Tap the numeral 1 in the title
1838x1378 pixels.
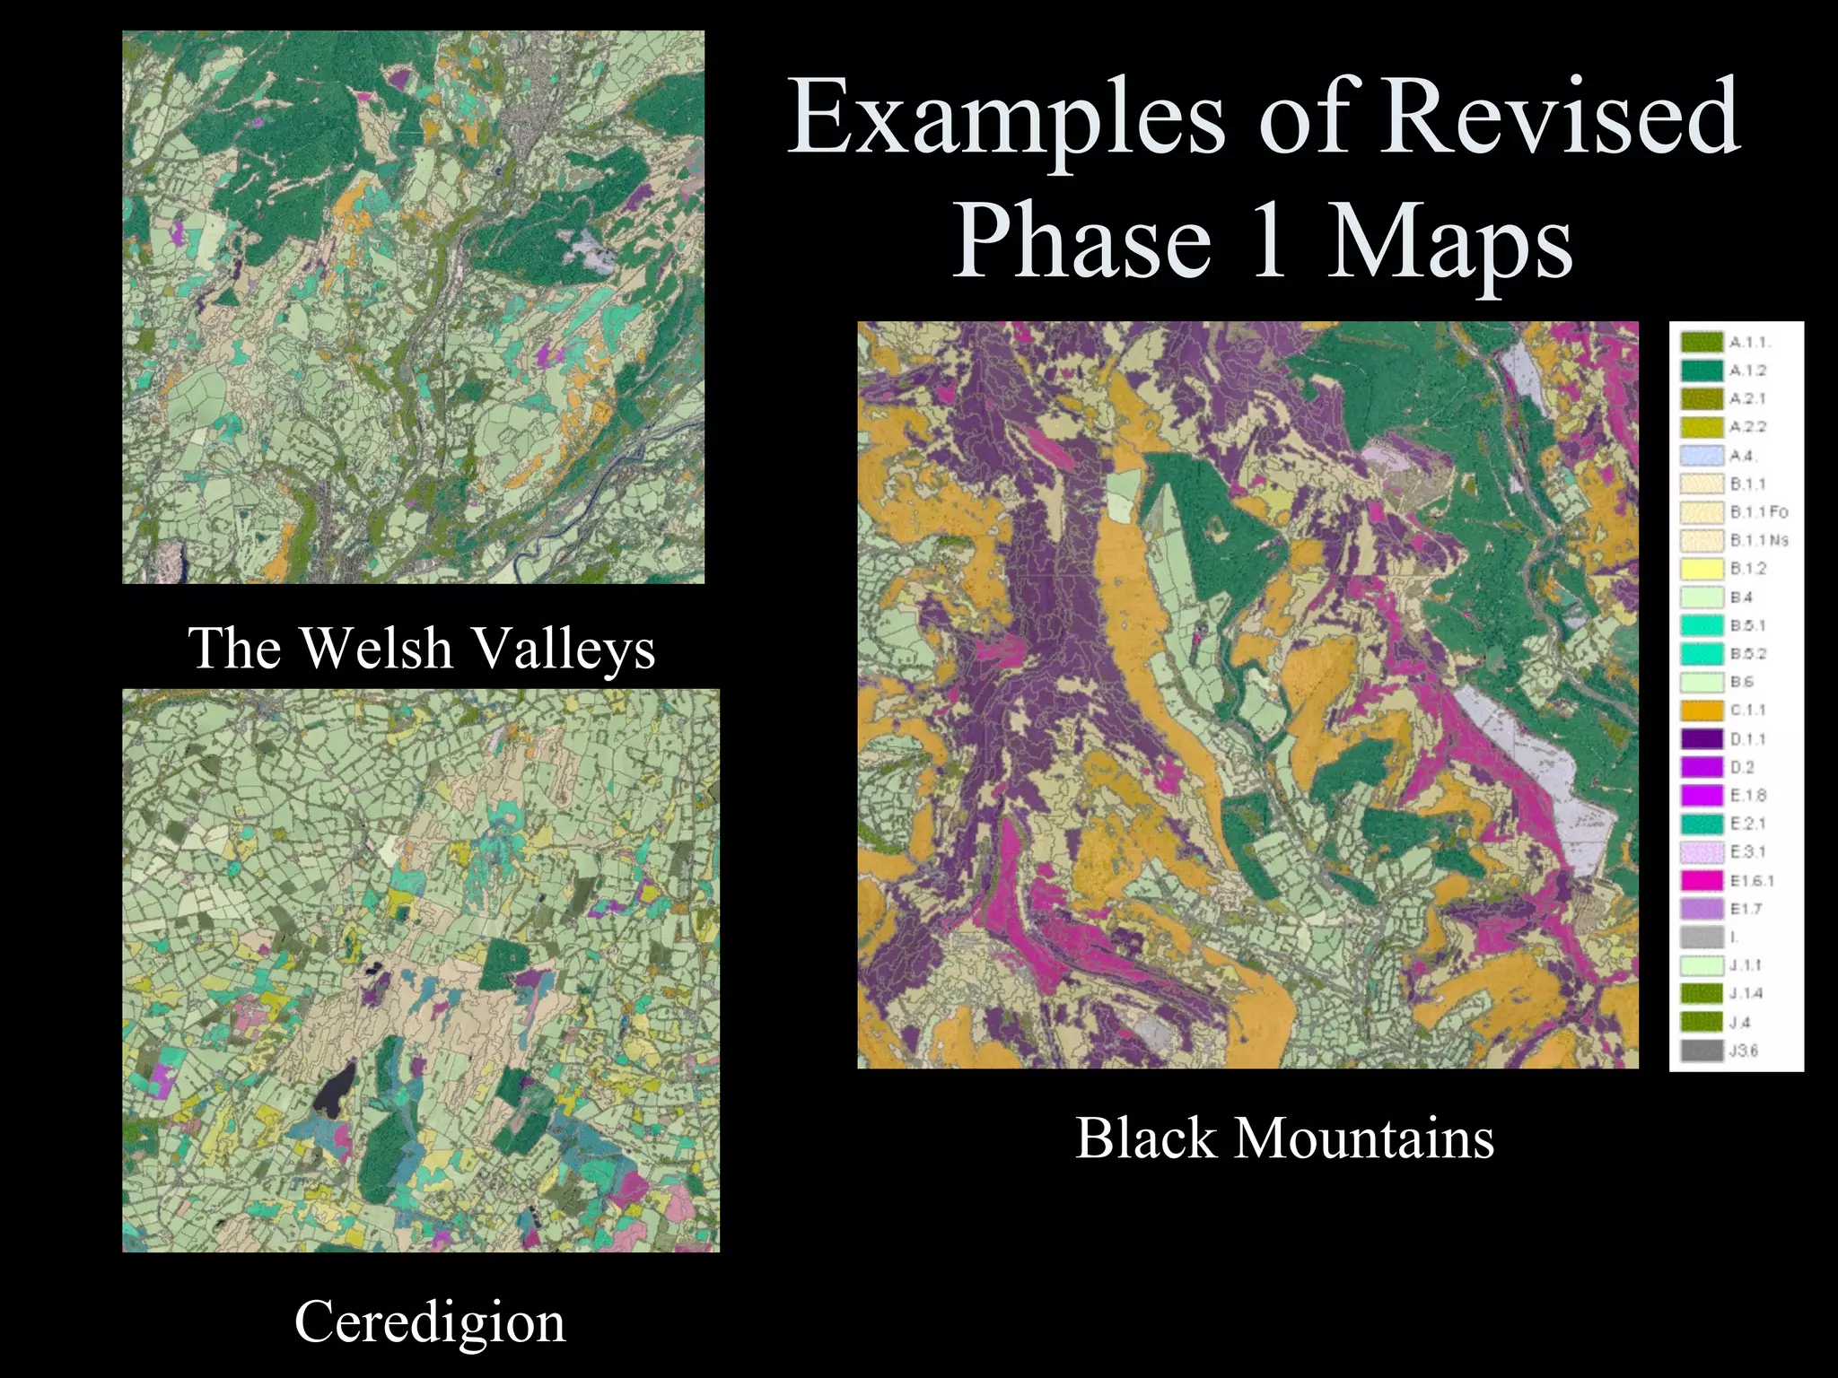(1269, 240)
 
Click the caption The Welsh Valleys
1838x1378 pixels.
(422, 648)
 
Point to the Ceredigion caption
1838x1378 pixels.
(430, 1321)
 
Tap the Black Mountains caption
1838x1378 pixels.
(1284, 1138)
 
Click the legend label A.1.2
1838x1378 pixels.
(1748, 371)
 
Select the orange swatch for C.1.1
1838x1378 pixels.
(1702, 711)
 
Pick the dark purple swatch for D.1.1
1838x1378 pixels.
(1702, 739)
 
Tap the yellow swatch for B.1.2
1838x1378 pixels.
(1702, 569)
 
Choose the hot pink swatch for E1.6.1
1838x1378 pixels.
(1702, 881)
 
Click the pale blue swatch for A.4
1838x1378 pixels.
(1702, 456)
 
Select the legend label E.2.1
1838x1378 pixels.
(1748, 824)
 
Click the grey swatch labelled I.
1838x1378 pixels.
(1702, 938)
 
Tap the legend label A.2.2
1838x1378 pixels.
(1748, 427)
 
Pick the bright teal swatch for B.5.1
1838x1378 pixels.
(1702, 625)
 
